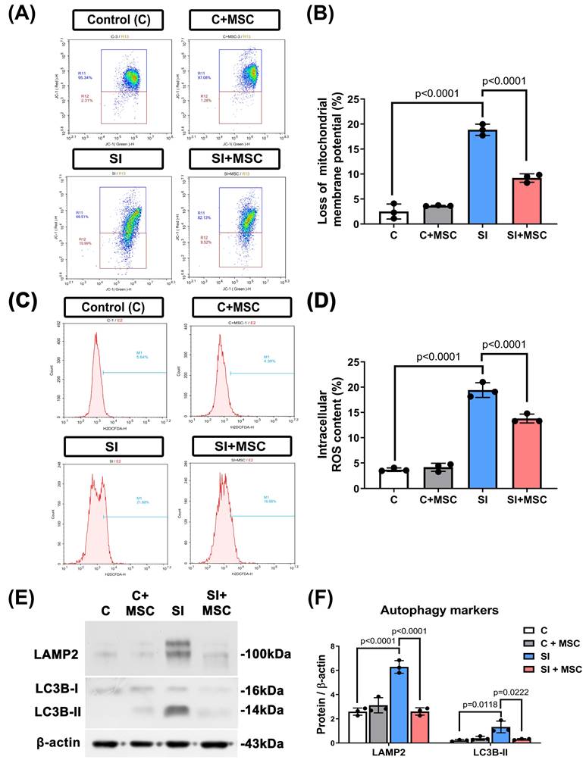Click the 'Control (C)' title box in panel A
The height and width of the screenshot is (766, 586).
pyautogui.click(x=118, y=20)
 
